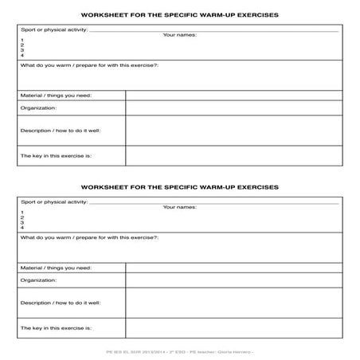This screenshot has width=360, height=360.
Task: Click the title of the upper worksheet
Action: click(x=180, y=14)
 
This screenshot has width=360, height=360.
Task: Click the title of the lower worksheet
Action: click(x=180, y=188)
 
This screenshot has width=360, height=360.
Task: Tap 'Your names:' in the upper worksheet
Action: click(x=179, y=35)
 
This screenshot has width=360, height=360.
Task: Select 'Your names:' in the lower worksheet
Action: click(x=179, y=208)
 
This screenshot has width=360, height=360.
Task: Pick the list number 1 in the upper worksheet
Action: click(x=22, y=40)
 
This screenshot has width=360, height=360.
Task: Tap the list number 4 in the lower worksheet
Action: click(x=22, y=228)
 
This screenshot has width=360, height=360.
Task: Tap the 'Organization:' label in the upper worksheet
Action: click(x=39, y=108)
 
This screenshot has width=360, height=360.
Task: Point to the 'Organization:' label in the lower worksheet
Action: click(x=39, y=280)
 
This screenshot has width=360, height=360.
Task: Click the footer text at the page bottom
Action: click(x=180, y=350)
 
